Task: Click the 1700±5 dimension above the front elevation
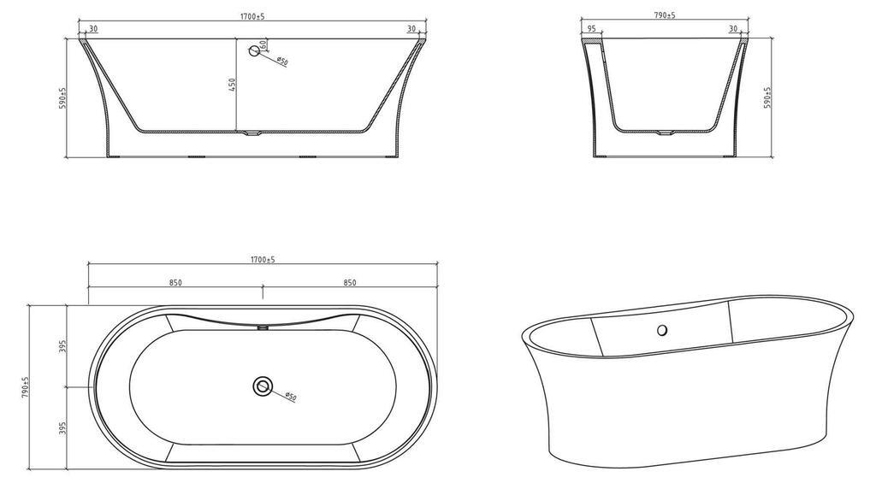point(252,17)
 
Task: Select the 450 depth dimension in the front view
point(233,85)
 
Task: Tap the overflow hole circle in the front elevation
point(254,50)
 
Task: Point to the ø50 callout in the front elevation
point(282,61)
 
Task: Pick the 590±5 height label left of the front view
point(62,97)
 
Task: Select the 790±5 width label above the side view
point(664,15)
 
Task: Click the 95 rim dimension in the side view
point(592,28)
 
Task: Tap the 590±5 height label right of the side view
point(767,97)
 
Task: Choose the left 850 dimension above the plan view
point(175,283)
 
